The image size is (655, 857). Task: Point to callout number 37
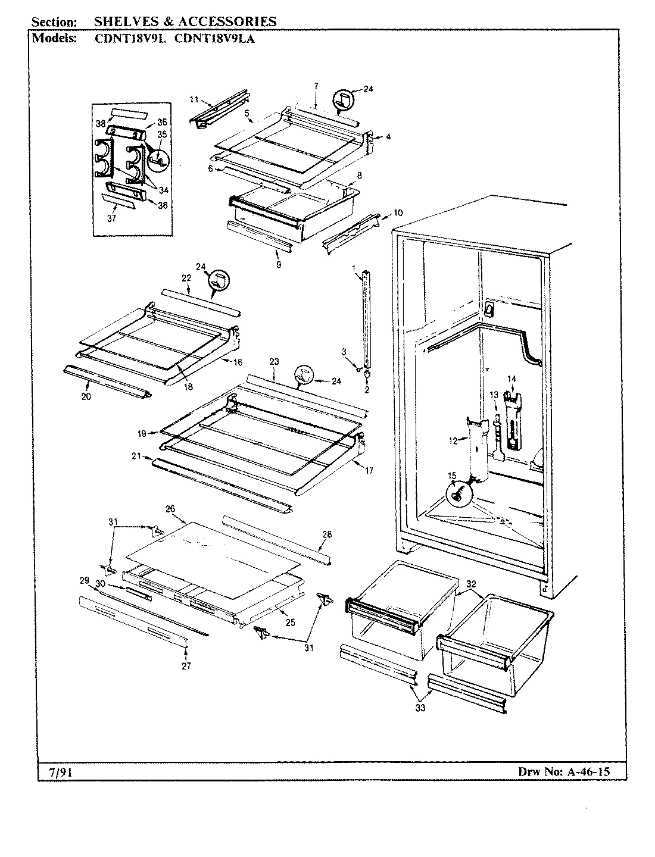pyautogui.click(x=111, y=218)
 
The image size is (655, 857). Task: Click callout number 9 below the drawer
pyautogui.click(x=279, y=264)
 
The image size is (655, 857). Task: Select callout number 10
pyautogui.click(x=398, y=212)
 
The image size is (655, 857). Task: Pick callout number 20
pyautogui.click(x=86, y=396)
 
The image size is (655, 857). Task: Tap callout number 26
pyautogui.click(x=170, y=509)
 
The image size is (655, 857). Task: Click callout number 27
pyautogui.click(x=186, y=666)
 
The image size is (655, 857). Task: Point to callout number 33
pyautogui.click(x=420, y=708)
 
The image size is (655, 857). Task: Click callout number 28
pyautogui.click(x=326, y=535)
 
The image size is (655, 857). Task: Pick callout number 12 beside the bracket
pyautogui.click(x=452, y=440)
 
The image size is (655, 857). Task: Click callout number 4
pyautogui.click(x=388, y=137)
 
